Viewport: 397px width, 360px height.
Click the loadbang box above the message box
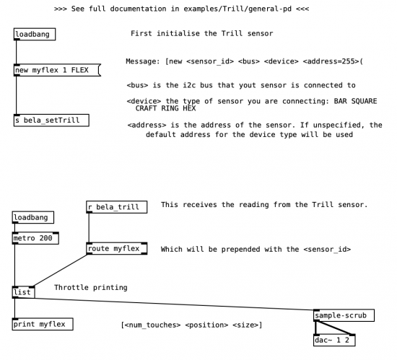point(35,34)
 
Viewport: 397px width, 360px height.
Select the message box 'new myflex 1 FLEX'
point(57,70)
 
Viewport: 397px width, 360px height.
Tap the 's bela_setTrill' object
point(51,120)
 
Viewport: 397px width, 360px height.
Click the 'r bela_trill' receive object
point(117,207)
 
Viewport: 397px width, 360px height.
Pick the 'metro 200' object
point(35,238)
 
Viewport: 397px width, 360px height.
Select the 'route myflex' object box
point(117,248)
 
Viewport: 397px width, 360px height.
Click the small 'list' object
point(24,292)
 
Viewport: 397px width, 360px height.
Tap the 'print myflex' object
point(43,324)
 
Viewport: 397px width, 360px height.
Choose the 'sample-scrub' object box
point(344,315)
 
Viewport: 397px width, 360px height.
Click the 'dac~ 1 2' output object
point(334,340)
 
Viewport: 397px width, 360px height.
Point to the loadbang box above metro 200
point(33,217)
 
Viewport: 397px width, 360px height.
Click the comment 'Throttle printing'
point(91,287)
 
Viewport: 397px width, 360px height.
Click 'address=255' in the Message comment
point(331,61)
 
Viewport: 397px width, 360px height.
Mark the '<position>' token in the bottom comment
point(206,325)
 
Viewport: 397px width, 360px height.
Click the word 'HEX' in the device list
point(189,108)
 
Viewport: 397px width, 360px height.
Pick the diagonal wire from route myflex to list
point(60,271)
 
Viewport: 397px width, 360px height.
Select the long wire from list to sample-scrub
point(175,304)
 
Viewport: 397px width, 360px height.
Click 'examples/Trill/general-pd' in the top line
point(237,9)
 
